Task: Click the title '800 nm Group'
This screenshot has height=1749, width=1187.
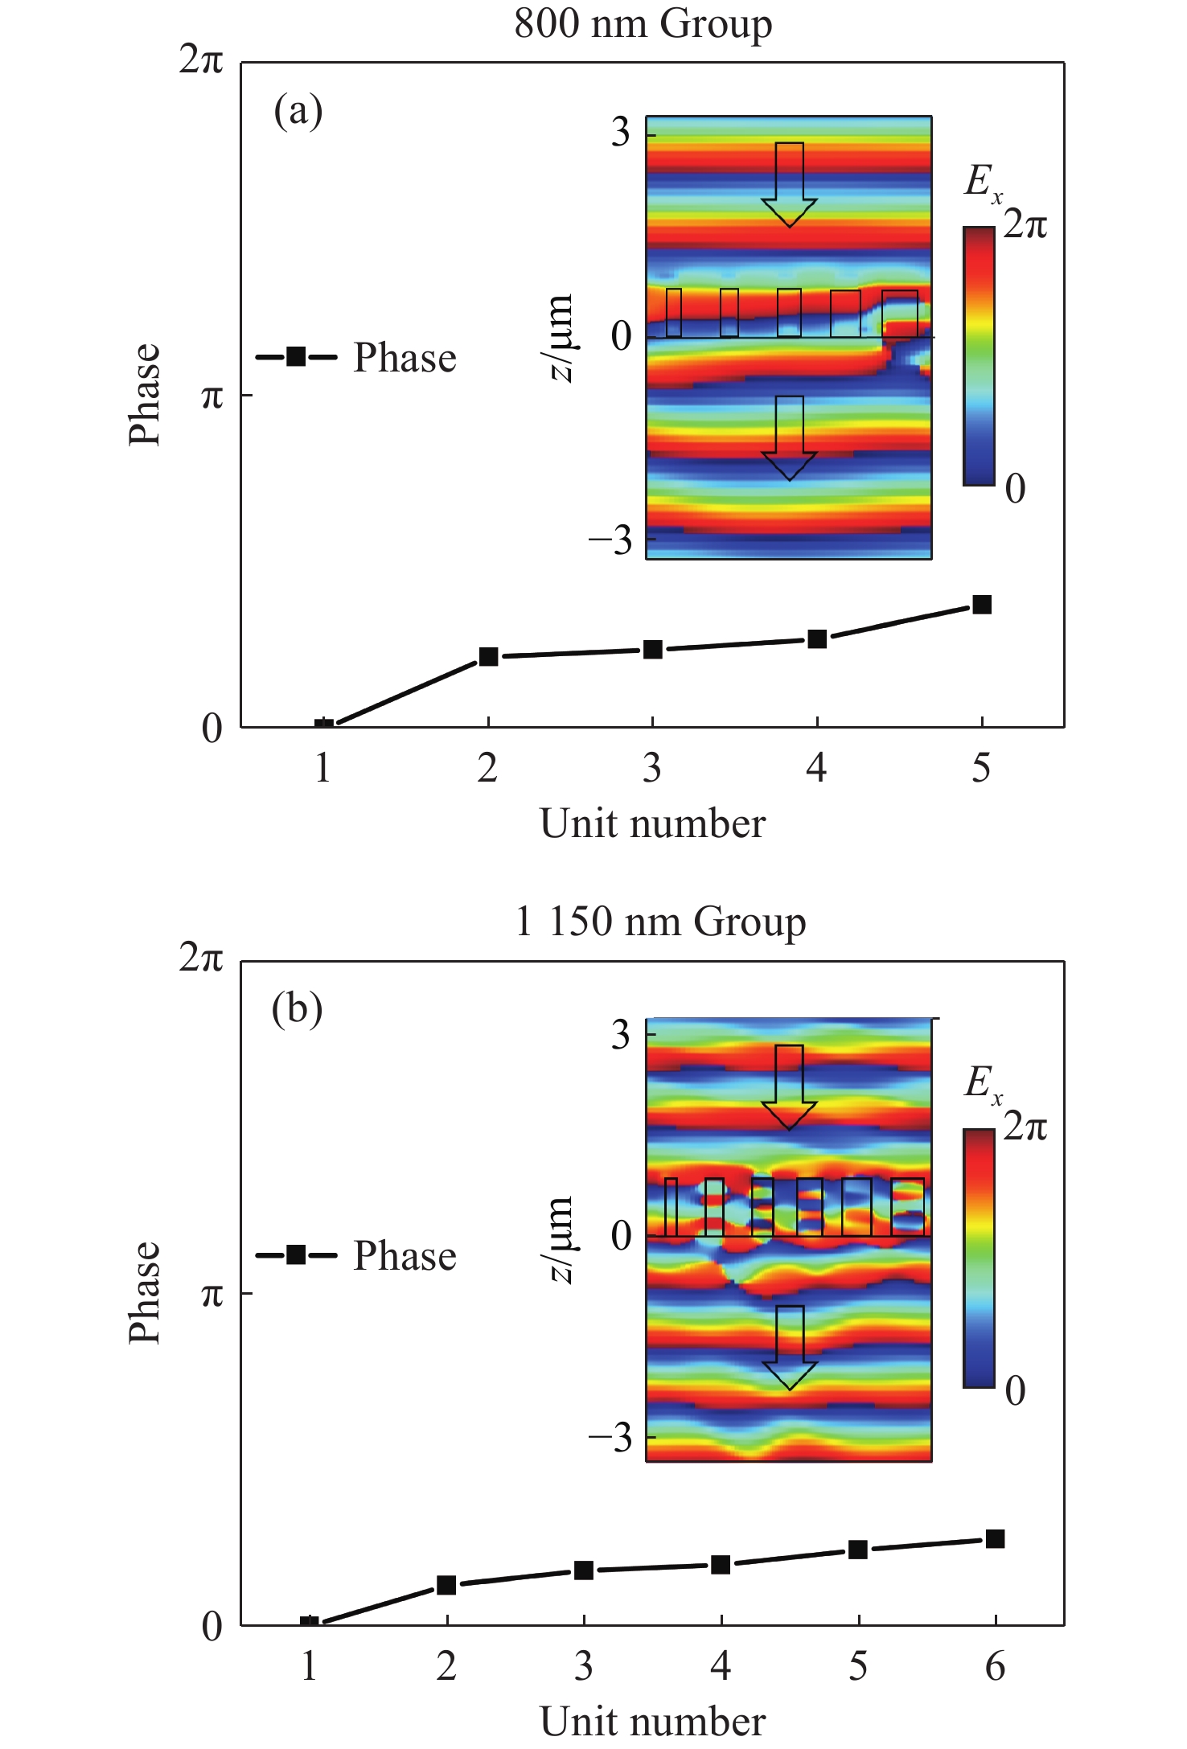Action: [x=643, y=23]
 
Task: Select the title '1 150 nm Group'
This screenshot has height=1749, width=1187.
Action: [x=660, y=922]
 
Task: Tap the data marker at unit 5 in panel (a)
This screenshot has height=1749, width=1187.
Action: [x=981, y=605]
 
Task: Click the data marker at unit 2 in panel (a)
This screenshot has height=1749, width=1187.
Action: [x=488, y=656]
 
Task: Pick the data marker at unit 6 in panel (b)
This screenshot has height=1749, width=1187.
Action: [x=995, y=1539]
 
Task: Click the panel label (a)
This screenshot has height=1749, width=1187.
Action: [x=298, y=111]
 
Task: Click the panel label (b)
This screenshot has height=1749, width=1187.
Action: [x=297, y=1009]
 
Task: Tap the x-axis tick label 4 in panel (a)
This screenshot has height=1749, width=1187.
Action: [x=816, y=769]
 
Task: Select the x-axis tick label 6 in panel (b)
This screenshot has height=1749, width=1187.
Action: [x=995, y=1667]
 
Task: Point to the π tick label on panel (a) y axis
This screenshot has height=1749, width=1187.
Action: [x=212, y=396]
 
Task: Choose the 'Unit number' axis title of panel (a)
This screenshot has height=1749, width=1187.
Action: [x=652, y=824]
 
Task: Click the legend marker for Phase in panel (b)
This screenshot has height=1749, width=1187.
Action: [x=296, y=1255]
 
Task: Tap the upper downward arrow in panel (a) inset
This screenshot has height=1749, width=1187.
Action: [x=790, y=184]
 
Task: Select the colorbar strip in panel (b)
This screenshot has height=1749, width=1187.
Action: [x=979, y=1258]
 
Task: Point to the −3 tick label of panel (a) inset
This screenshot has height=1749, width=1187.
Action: [x=610, y=540]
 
